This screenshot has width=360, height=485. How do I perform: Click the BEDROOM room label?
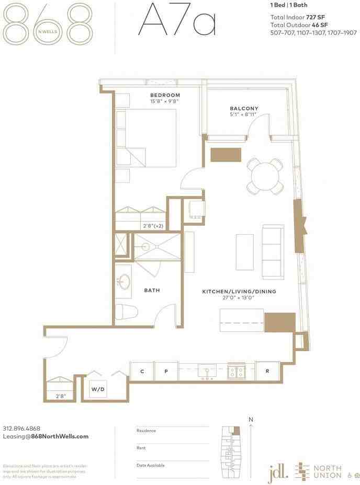165,95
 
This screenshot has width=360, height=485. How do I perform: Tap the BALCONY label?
244,109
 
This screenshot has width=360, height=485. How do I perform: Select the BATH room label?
152,290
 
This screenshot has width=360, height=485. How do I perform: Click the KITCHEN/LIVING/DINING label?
239,291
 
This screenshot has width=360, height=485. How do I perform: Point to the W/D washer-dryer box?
98,389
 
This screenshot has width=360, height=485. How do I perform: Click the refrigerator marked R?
267,371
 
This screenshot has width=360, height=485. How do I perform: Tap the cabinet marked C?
142,371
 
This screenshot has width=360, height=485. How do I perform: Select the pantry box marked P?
166,371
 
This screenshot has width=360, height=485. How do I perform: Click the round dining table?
266,176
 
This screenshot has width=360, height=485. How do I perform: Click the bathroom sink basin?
123,282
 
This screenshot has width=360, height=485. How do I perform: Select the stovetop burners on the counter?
235,372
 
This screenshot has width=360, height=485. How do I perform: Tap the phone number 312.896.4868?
21,428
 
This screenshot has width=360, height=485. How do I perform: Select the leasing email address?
46,436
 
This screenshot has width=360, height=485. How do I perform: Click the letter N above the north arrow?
251,419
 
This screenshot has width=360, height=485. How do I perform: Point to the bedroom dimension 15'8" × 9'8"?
165,101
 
